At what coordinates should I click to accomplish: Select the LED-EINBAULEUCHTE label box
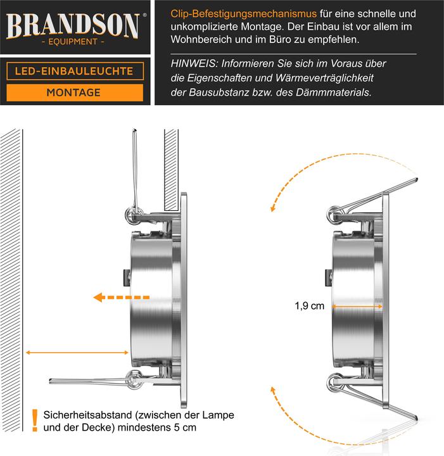[x=73, y=71]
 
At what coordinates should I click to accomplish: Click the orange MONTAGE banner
[x=73, y=92]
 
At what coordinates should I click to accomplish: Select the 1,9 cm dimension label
[x=309, y=307]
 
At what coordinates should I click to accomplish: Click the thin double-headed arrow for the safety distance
[x=73, y=351]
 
